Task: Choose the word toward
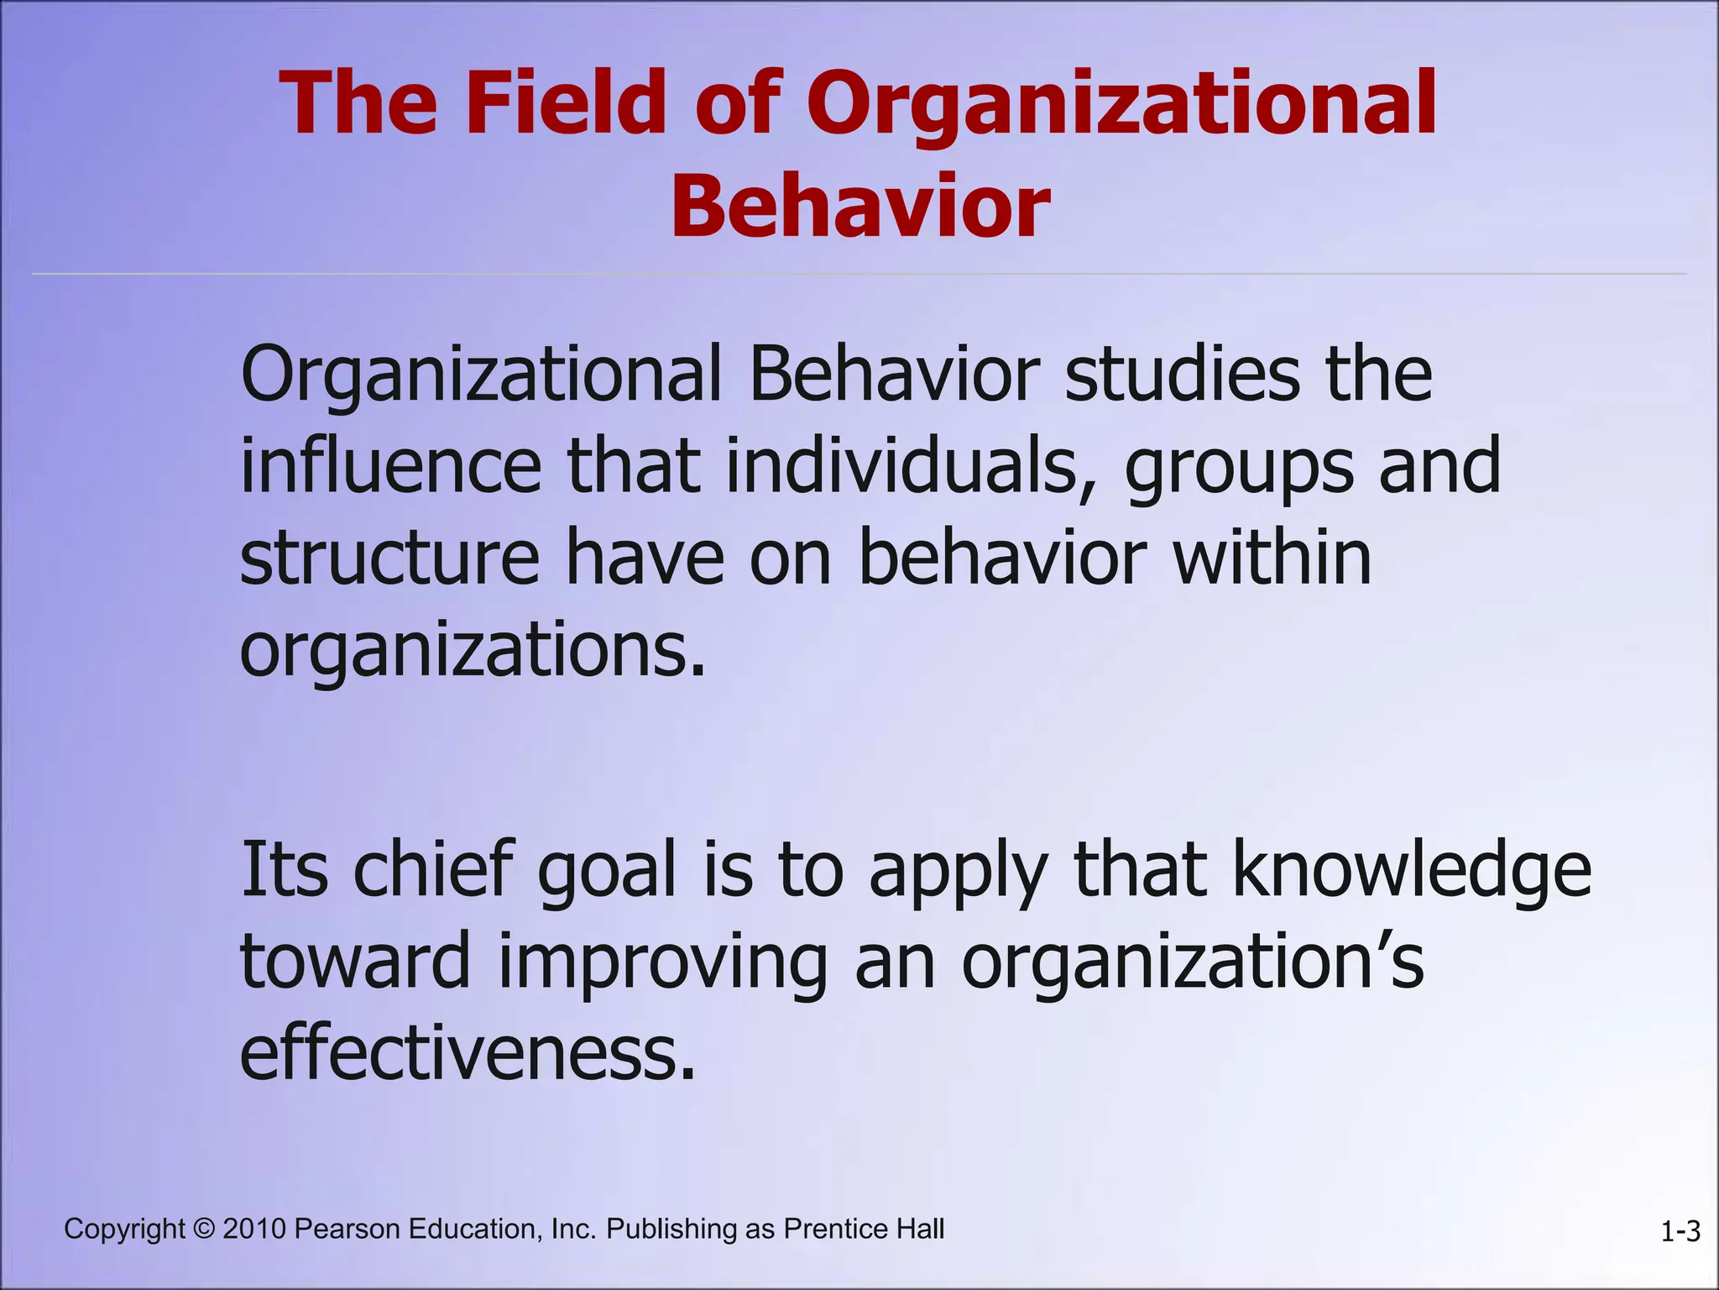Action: tap(356, 962)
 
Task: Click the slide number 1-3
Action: tap(1680, 1232)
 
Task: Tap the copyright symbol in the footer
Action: tap(203, 1229)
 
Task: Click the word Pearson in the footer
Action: tap(347, 1229)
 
